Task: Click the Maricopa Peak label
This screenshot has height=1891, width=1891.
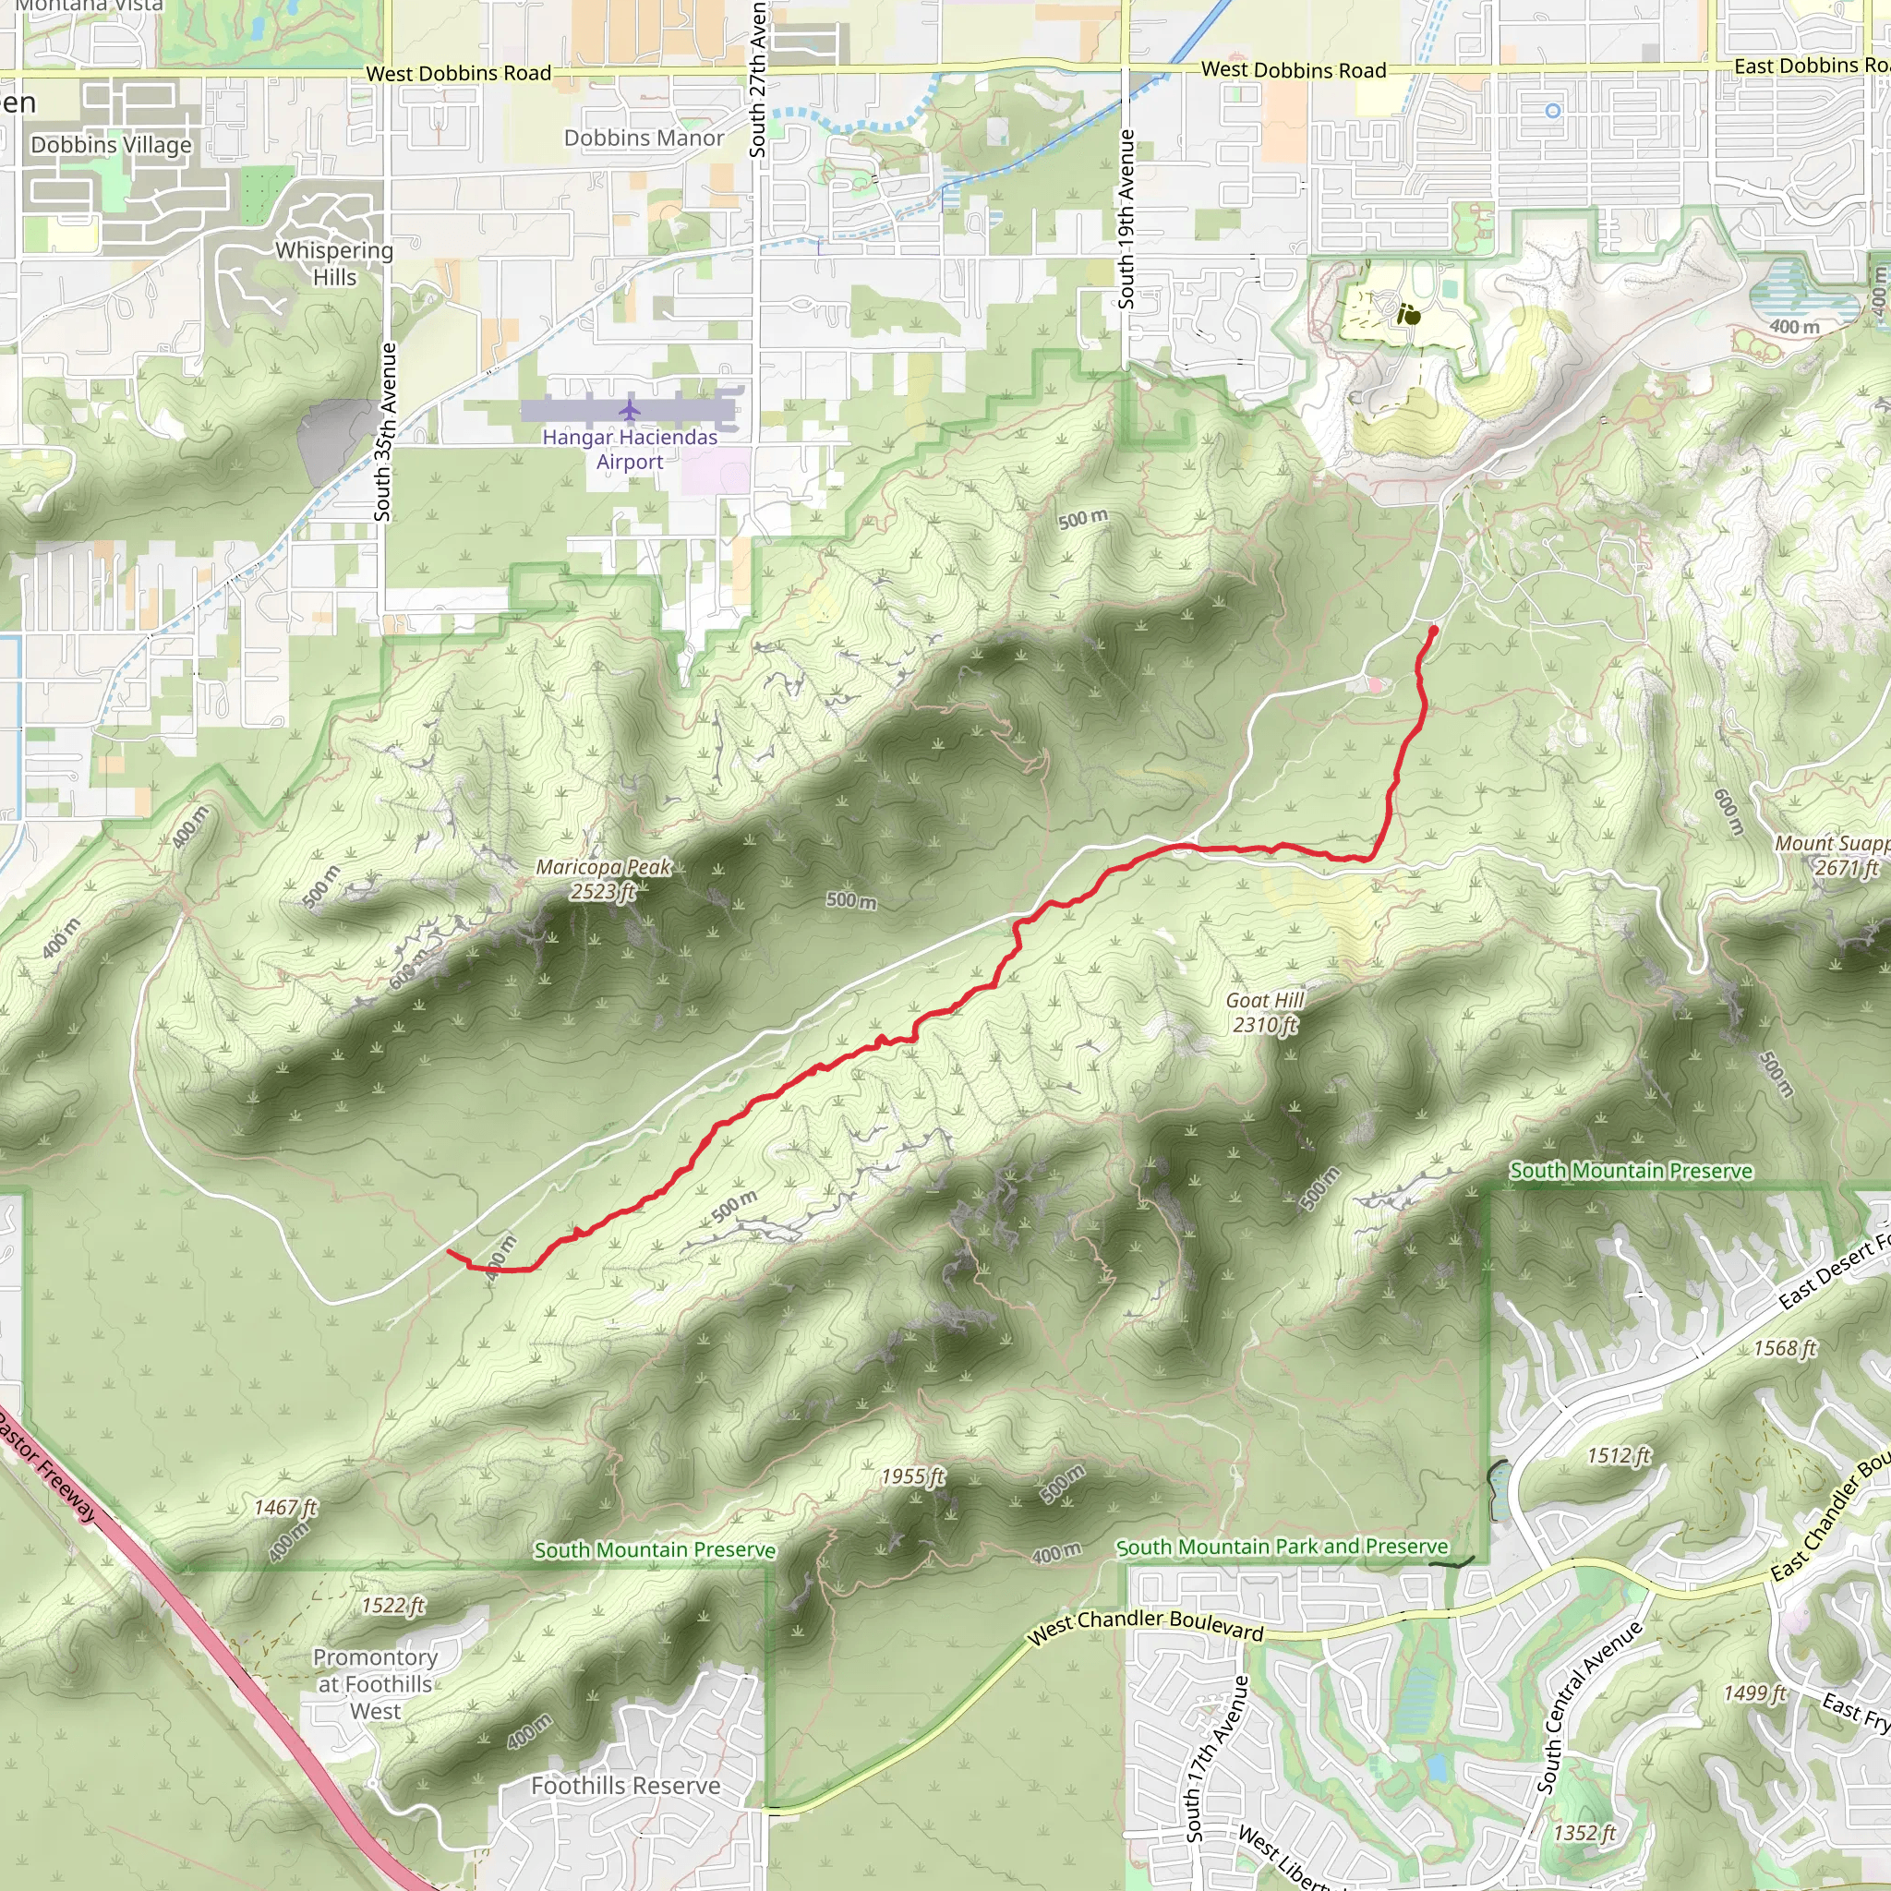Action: pos(604,879)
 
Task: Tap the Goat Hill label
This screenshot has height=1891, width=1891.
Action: pos(1265,1012)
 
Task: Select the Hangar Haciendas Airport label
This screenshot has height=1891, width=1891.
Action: pos(630,450)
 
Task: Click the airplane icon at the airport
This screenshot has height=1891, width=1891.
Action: pos(630,408)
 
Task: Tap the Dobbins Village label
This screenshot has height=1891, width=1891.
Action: pos(112,145)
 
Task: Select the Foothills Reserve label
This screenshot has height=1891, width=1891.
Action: pos(625,1786)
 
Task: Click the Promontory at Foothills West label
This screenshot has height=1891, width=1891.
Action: pos(375,1683)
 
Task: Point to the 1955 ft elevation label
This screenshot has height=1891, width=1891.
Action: pos(912,1476)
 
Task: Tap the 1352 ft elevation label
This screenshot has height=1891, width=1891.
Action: pos(1584,1832)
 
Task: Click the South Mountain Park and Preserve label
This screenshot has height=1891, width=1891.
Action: pos(1282,1547)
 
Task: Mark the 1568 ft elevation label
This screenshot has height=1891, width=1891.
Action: pos(1783,1349)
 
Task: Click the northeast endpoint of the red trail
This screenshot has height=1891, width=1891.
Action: pos(1434,629)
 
